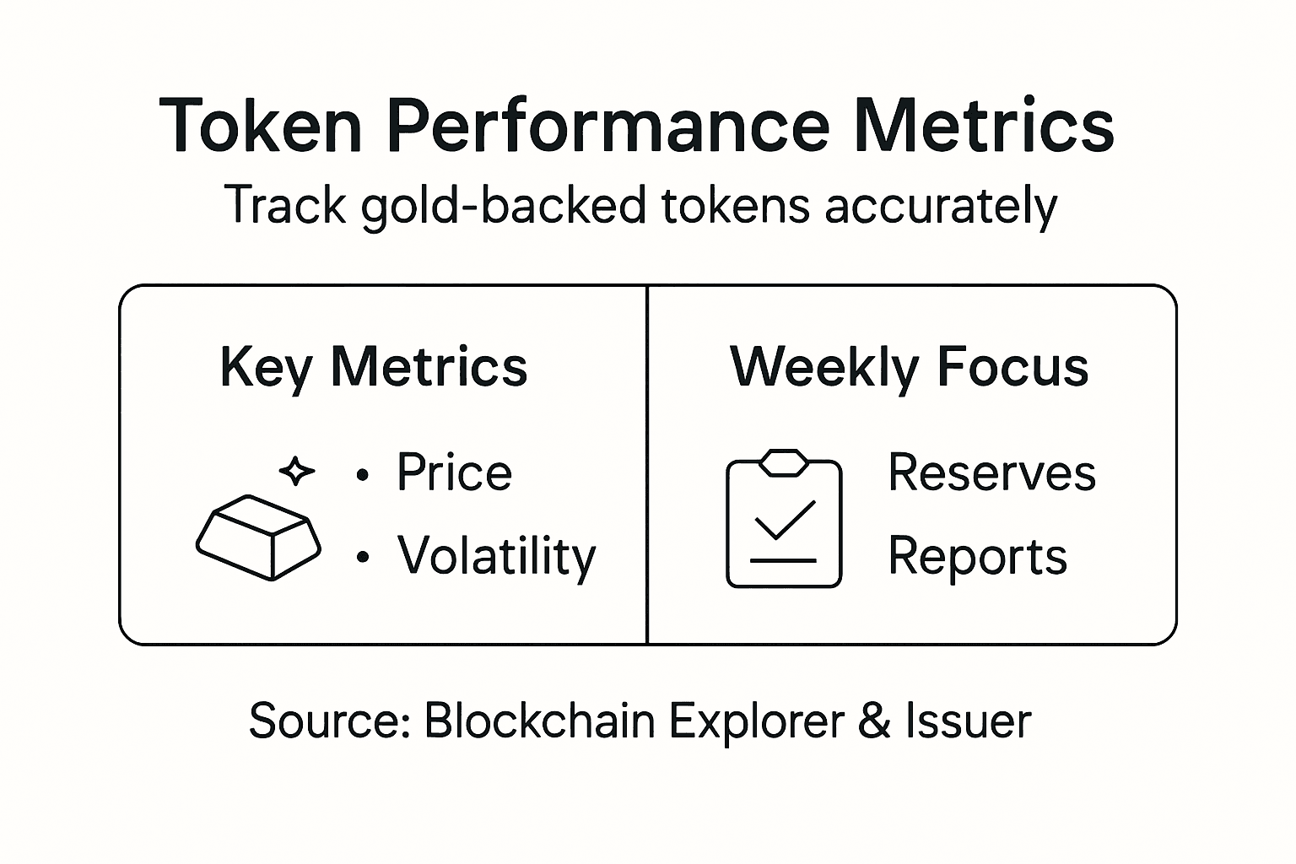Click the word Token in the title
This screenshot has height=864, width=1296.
tap(260, 127)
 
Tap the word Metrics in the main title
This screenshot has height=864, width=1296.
tap(984, 127)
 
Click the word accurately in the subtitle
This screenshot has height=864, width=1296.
tap(940, 207)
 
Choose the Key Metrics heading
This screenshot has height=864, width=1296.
tap(373, 368)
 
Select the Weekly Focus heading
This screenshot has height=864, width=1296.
tap(909, 368)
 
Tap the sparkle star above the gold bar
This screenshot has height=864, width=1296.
tap(296, 471)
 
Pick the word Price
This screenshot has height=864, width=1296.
tap(454, 472)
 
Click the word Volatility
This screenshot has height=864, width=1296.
tap(497, 556)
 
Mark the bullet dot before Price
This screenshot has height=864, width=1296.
tap(363, 475)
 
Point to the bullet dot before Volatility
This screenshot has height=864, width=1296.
tap(363, 558)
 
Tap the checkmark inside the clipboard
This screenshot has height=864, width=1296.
tap(784, 519)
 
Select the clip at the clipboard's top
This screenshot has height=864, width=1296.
tap(784, 462)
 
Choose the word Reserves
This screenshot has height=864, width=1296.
tap(991, 472)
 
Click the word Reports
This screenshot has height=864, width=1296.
tap(977, 557)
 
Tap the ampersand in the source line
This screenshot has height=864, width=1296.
tap(875, 721)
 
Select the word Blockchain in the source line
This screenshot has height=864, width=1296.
tap(539, 721)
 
